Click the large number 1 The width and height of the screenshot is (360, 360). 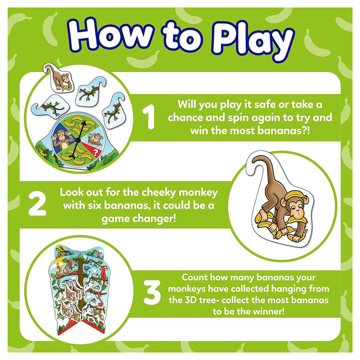pos(150,117)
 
